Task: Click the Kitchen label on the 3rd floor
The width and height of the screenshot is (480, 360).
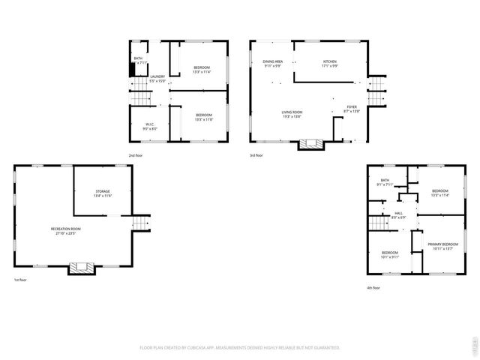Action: coord(330,63)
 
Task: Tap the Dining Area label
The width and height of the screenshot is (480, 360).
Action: coord(272,63)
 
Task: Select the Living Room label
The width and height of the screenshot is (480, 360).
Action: coord(292,113)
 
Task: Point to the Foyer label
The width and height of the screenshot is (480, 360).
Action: coord(352,109)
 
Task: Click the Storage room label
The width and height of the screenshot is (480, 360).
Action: coord(103,193)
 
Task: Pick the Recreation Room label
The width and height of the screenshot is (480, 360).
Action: coord(66,230)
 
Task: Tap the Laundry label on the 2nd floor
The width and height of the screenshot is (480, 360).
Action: coord(157,78)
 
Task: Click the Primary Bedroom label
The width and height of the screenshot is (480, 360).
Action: coord(443,247)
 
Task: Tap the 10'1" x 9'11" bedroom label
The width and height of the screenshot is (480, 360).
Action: coord(390,255)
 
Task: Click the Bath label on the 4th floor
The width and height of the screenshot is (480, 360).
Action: coord(385,182)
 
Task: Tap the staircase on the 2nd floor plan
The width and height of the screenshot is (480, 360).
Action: coord(139,97)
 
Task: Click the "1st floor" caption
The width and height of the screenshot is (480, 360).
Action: coord(19,280)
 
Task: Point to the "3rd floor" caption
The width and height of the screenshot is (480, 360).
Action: coord(256,155)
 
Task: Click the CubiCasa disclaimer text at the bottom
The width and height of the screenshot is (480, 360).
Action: coord(240,347)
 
